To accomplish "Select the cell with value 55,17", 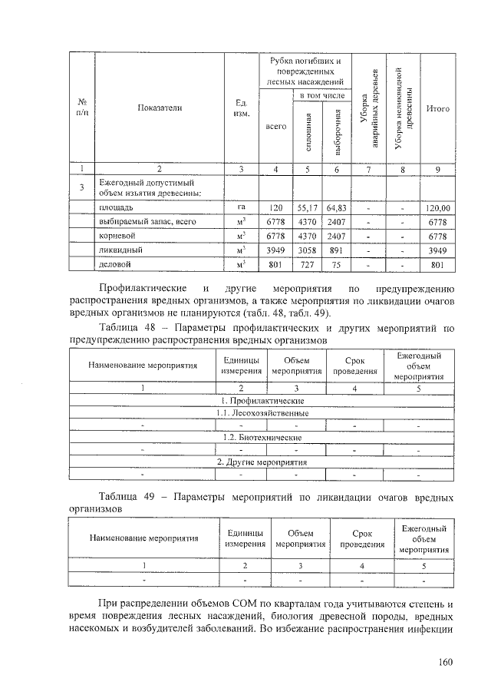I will click(x=306, y=207).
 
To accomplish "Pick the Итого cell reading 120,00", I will click(x=437, y=207).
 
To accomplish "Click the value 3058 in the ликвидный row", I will click(x=306, y=250).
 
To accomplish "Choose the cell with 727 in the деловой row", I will click(x=306, y=265).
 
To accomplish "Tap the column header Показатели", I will click(x=159, y=108).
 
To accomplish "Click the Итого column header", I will click(x=437, y=108).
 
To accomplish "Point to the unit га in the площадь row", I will click(x=240, y=207).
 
